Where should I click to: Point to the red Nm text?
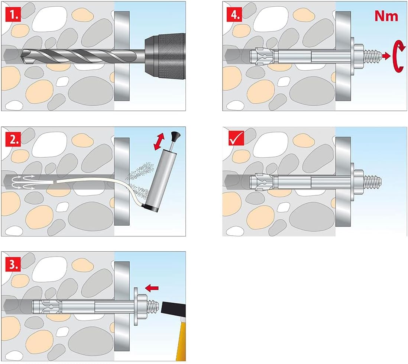[x=386, y=16]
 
